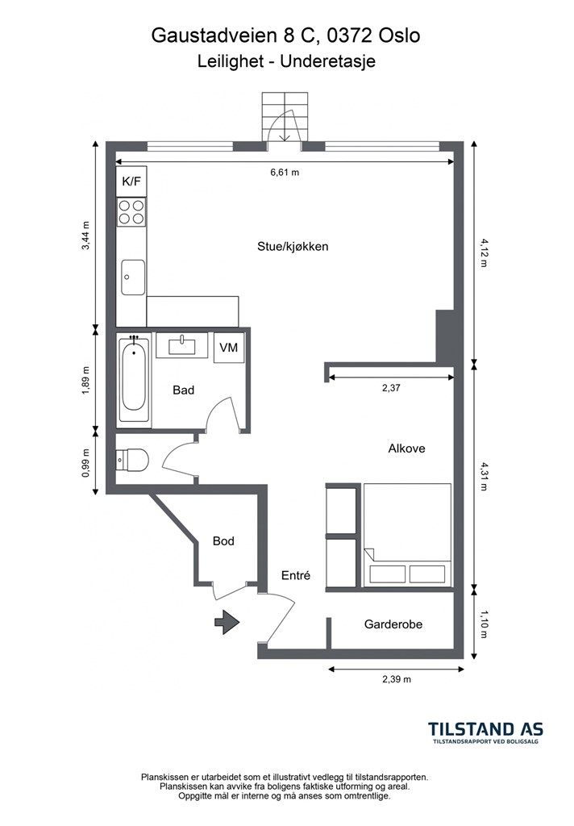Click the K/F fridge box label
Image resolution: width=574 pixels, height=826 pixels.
point(131,181)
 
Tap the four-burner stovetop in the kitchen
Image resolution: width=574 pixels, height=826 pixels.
point(131,212)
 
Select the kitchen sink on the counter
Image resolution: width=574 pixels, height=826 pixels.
point(133,277)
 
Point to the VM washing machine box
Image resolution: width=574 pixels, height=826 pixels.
point(228,348)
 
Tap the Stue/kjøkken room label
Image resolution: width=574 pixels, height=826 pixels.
point(293,247)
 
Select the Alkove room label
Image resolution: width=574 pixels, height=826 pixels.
point(406,448)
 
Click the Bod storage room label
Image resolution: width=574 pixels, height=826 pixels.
point(223,541)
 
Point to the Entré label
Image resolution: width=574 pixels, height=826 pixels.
point(295,576)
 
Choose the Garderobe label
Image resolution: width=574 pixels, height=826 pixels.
point(393,624)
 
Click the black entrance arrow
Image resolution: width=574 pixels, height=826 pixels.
point(227,622)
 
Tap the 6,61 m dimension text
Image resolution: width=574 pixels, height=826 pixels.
point(285,173)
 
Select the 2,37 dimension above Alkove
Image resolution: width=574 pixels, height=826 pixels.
point(391,388)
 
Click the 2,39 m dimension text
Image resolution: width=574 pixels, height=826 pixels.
point(397,679)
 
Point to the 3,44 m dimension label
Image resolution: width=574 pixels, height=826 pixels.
point(85,236)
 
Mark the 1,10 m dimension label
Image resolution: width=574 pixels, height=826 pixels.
point(484,624)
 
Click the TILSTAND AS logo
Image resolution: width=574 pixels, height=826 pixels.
point(485,732)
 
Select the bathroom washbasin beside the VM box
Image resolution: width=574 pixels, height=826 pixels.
point(182,346)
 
